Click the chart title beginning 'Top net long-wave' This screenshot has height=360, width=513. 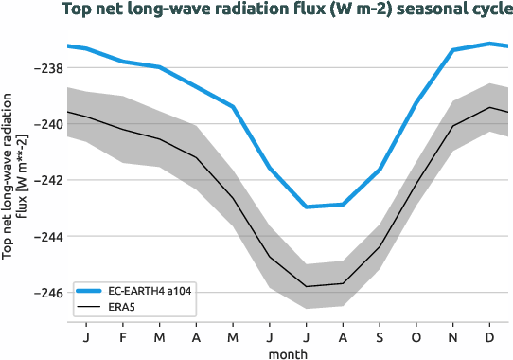coord(286,11)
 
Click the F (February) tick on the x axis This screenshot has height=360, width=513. coord(123,337)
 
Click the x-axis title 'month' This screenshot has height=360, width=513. coord(286,352)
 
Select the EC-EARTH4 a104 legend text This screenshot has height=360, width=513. coord(152,291)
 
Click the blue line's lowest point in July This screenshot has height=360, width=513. coord(307,207)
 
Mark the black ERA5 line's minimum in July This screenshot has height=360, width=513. coord(307,286)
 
